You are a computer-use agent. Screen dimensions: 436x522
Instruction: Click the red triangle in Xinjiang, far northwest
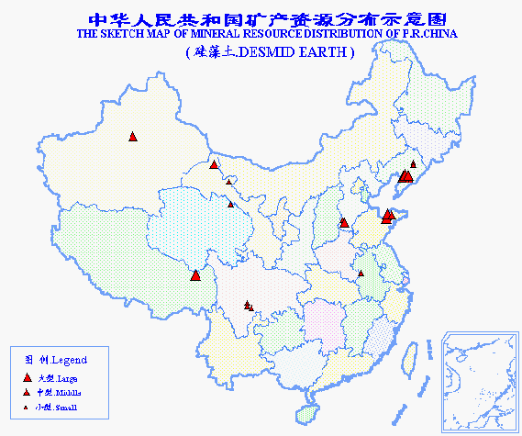click(133, 137)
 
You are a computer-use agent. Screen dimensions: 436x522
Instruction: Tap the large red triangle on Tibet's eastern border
click(195, 275)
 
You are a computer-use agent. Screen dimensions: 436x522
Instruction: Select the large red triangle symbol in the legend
click(26, 377)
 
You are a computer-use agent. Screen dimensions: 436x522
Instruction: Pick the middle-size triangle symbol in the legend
click(26, 392)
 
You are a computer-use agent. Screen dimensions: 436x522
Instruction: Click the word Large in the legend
click(68, 378)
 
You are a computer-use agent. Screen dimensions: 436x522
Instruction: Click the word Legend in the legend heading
click(69, 359)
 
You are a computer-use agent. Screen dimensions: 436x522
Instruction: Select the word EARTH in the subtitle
click(322, 53)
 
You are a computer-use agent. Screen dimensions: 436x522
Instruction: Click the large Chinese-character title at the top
click(261, 17)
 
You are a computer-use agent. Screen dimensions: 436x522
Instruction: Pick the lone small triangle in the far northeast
click(413, 164)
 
